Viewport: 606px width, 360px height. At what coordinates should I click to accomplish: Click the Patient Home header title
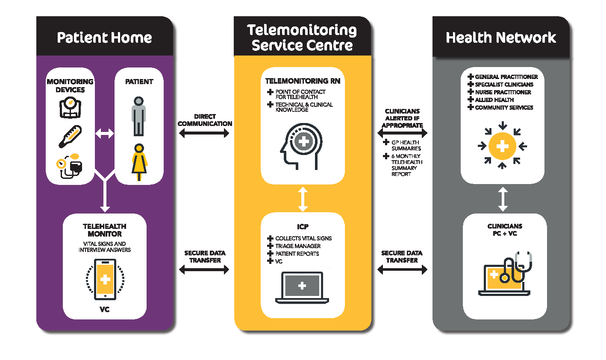coord(104,38)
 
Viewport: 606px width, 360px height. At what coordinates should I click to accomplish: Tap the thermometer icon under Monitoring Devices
coord(70,136)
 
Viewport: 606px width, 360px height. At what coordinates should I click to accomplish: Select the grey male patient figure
coord(138,116)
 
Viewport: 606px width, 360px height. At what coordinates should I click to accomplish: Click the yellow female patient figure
coord(139,162)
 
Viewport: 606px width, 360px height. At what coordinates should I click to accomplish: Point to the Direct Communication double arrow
coord(204,133)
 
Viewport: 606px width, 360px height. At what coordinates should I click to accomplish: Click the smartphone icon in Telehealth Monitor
coord(105,279)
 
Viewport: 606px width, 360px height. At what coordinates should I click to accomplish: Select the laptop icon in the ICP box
coord(302,287)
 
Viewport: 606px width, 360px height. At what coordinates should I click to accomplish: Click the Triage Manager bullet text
coord(298,246)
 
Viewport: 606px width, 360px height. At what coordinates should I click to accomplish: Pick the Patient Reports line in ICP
coord(297,254)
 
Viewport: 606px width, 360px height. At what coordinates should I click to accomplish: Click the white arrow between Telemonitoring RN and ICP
coord(303,199)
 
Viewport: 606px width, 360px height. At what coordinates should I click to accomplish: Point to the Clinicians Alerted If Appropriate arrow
coord(402,133)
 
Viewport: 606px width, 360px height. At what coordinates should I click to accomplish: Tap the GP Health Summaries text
coord(406,145)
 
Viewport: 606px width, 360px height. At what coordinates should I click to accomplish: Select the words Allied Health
coord(494,100)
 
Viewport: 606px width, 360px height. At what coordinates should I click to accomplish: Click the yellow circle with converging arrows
coord(503,146)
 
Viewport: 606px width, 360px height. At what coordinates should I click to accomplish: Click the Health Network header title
coord(501,38)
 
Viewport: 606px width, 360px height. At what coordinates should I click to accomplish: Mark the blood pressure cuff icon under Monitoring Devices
coord(70,166)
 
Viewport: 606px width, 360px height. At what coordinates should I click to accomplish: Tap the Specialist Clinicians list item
coord(504,85)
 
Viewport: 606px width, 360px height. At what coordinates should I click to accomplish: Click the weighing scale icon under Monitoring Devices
coord(70,108)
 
